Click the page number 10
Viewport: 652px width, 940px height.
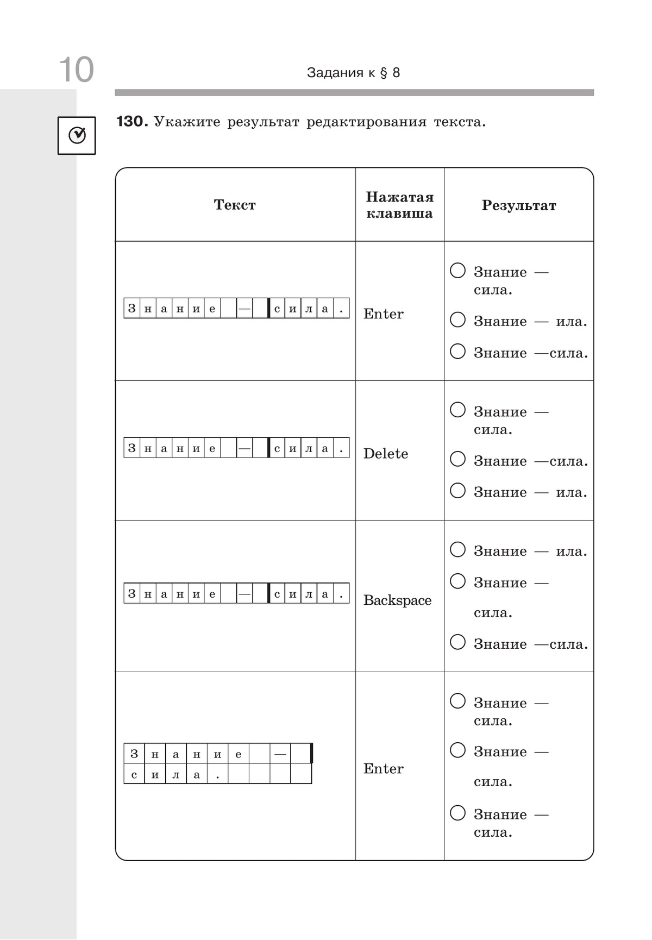click(x=76, y=70)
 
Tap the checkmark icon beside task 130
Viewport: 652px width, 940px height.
click(x=77, y=135)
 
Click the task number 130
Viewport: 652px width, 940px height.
click(x=131, y=122)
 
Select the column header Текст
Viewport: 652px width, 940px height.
click(x=235, y=205)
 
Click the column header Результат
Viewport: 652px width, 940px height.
click(x=519, y=205)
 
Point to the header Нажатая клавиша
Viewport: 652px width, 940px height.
click(x=399, y=205)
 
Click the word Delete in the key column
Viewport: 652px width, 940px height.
click(x=386, y=454)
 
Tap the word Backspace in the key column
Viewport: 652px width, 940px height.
click(x=397, y=600)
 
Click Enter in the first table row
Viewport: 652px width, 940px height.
click(x=384, y=314)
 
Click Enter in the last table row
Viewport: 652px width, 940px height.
click(x=384, y=769)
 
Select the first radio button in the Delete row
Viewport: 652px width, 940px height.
click(x=458, y=410)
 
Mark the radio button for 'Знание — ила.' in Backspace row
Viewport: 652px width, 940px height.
click(x=458, y=549)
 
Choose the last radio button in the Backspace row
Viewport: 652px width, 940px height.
click(x=458, y=642)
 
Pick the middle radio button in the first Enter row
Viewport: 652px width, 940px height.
click(x=458, y=319)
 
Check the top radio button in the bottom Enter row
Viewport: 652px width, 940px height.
click(x=458, y=701)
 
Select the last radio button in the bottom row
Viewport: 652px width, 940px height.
click(x=458, y=813)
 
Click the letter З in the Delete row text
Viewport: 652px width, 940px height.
click(x=132, y=448)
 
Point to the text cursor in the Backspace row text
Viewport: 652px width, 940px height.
click(x=268, y=593)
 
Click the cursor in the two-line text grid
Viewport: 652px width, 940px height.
click(x=311, y=754)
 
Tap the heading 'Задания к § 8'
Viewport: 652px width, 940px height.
click(x=353, y=73)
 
